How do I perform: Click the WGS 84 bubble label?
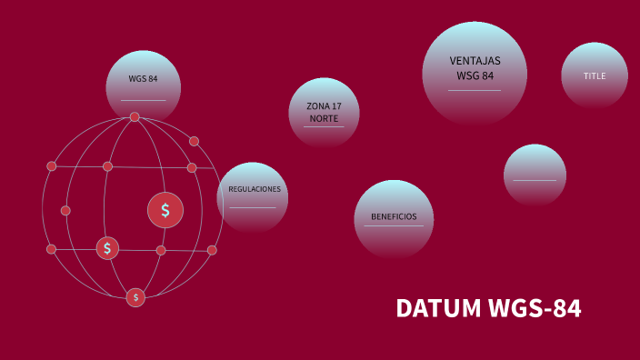143,79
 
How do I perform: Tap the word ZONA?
316,107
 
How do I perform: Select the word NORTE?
324,118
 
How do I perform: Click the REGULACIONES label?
254,189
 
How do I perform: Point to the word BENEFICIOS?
394,216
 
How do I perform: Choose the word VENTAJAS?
475,61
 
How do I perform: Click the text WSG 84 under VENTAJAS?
475,75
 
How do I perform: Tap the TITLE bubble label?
594,76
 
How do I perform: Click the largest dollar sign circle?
165,211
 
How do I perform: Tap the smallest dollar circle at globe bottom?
135,297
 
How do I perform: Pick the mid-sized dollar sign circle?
107,247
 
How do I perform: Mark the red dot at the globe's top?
135,117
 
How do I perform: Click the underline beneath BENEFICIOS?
394,226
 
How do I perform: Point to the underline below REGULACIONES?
252,208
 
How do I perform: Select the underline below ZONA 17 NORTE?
324,127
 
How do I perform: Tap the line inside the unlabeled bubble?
535,180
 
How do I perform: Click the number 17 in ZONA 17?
336,107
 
